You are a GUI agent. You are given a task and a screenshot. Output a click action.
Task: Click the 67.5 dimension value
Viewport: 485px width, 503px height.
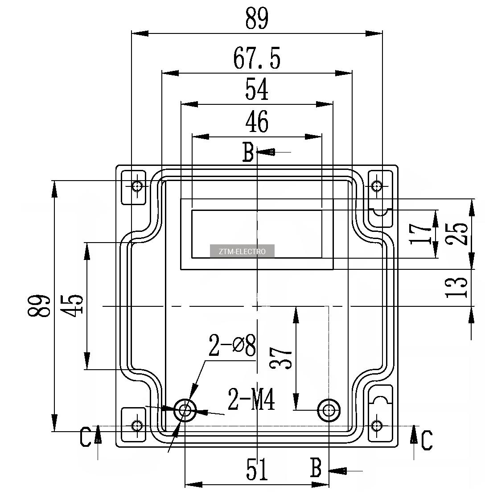(257, 58)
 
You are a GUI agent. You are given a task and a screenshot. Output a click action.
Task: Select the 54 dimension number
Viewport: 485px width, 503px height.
(257, 89)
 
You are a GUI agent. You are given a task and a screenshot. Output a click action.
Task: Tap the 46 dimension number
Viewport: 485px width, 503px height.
(257, 122)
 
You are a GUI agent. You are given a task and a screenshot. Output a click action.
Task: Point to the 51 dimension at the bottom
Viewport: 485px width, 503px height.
(257, 469)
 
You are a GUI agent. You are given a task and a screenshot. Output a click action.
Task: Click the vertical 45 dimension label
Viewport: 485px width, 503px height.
(73, 305)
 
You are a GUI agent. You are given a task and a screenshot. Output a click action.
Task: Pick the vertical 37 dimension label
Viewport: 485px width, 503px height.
(281, 358)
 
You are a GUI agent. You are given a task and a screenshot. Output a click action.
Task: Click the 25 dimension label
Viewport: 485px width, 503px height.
(457, 234)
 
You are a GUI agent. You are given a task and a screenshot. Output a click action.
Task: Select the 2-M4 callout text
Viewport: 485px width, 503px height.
(251, 399)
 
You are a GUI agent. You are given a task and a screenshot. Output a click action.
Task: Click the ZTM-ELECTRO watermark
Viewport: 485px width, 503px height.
(242, 251)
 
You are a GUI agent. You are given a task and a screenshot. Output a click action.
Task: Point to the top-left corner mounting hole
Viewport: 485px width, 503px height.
(137, 186)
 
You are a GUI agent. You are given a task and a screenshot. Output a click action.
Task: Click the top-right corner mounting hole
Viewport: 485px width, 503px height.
(376, 186)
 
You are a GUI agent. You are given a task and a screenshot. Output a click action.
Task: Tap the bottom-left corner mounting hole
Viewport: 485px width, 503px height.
(137, 426)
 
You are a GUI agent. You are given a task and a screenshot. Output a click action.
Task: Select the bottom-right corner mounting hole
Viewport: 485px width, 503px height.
(376, 426)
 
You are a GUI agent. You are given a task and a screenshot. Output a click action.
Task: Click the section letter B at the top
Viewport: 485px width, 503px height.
(248, 152)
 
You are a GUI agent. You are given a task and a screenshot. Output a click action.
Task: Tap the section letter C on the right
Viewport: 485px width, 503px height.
(427, 440)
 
